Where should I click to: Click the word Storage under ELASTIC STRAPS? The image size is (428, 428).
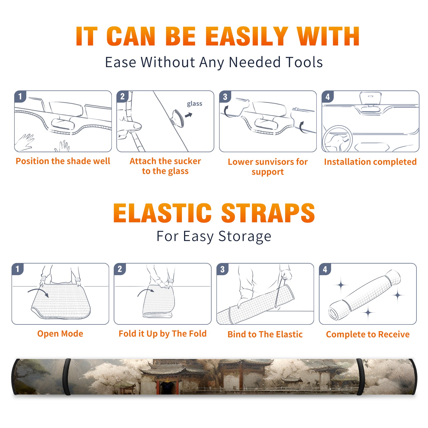(245, 237)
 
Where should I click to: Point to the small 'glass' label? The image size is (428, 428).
(194, 104)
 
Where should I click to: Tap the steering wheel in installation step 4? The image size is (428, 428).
(337, 139)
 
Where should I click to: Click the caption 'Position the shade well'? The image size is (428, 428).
(63, 161)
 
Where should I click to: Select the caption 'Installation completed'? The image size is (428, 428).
(370, 162)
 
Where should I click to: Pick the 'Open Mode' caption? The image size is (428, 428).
(60, 334)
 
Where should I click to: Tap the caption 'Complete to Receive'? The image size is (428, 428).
(368, 334)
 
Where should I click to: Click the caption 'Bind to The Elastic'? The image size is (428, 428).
(265, 334)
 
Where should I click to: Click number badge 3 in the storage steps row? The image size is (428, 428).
(222, 269)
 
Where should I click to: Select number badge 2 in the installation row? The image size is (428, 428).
(123, 97)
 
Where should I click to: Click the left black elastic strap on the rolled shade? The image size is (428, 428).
(67, 377)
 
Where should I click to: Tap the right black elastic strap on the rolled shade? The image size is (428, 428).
(360, 377)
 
